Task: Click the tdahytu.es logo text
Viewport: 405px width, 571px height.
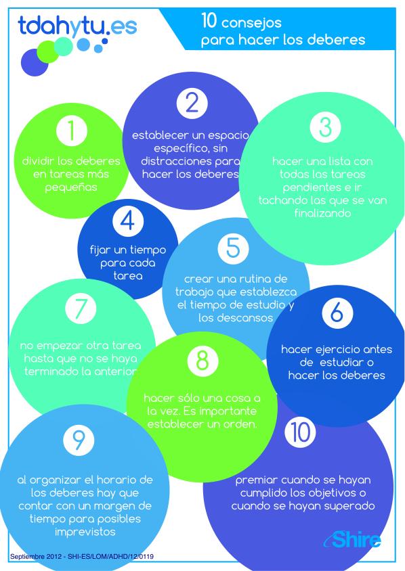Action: (x=77, y=26)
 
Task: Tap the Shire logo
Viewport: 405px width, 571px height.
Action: (x=352, y=539)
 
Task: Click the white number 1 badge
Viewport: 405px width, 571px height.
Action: (x=72, y=131)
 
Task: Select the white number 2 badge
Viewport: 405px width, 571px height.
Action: (x=192, y=103)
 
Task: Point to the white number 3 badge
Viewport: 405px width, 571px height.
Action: (x=325, y=127)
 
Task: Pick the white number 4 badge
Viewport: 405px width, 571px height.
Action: (x=128, y=221)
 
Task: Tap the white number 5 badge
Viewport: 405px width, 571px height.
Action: (x=233, y=248)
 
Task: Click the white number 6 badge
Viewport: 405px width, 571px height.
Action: (x=337, y=313)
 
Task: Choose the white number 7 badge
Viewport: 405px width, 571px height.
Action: (x=81, y=308)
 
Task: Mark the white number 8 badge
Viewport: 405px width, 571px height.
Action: (x=202, y=361)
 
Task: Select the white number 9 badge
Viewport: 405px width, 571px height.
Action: (x=79, y=440)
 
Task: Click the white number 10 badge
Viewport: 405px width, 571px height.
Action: (x=300, y=432)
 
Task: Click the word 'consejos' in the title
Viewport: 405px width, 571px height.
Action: (x=251, y=23)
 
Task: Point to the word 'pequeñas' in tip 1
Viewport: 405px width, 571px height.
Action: (x=71, y=187)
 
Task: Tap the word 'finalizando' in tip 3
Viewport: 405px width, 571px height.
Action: (x=322, y=212)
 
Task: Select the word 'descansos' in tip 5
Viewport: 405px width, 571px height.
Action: (x=236, y=317)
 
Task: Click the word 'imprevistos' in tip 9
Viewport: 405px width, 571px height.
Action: (x=85, y=532)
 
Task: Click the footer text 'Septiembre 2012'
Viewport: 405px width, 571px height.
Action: (x=33, y=556)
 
